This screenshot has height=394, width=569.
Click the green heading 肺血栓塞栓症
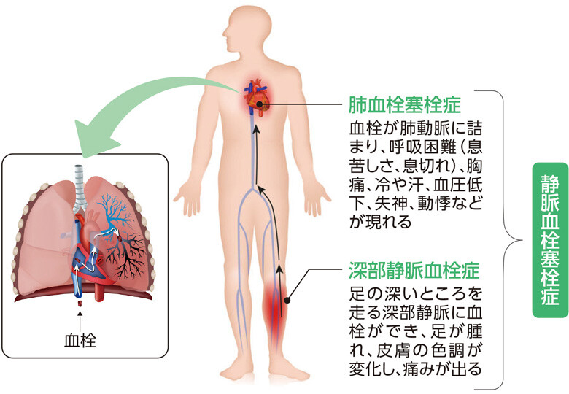coord(404,105)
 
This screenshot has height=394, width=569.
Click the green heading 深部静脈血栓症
coord(414,270)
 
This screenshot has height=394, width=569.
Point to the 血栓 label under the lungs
coord(80,341)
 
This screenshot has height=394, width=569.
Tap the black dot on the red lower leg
coord(287,301)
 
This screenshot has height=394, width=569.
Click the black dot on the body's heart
coord(259,104)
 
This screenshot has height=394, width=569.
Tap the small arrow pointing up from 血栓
coord(80,320)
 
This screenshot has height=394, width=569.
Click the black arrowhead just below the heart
coord(257,131)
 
